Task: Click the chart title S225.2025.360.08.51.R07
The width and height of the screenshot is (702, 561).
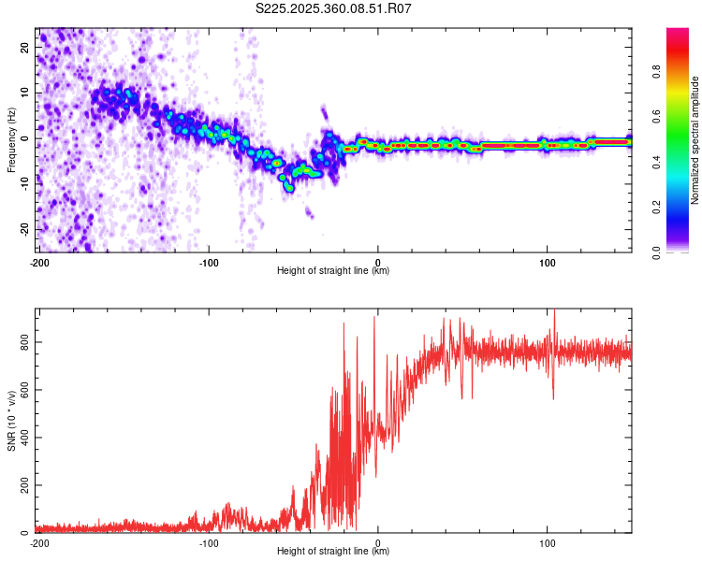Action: pyautogui.click(x=334, y=9)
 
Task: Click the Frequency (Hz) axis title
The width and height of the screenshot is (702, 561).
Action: pyautogui.click(x=11, y=139)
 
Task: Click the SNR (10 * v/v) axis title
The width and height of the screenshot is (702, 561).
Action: pyautogui.click(x=11, y=423)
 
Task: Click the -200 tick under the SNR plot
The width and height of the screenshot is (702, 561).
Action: pyautogui.click(x=38, y=542)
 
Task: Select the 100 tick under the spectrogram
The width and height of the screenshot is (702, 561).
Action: pyautogui.click(x=547, y=262)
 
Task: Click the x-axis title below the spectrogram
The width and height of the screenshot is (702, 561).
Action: pyautogui.click(x=333, y=271)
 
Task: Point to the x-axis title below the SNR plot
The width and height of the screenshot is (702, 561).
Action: pyautogui.click(x=333, y=552)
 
